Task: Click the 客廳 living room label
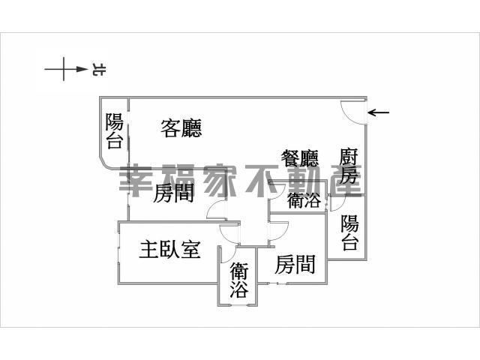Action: click(x=181, y=128)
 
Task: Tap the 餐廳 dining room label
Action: click(x=300, y=158)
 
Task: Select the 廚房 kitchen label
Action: click(x=349, y=166)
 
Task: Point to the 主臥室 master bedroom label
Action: click(x=170, y=249)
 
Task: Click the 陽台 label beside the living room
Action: click(x=115, y=130)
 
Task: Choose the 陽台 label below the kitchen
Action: click(x=350, y=232)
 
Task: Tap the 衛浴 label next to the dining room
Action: click(x=304, y=200)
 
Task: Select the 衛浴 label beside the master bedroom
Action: click(x=239, y=280)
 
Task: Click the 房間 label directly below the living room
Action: click(x=173, y=193)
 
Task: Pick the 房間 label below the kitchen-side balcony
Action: click(x=295, y=264)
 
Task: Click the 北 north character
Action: click(x=98, y=70)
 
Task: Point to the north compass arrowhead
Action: click(x=82, y=69)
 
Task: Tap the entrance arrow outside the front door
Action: click(x=378, y=112)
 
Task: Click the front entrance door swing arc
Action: click(x=347, y=117)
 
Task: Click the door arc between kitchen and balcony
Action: click(x=340, y=205)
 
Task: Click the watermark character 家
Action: click(x=219, y=180)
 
